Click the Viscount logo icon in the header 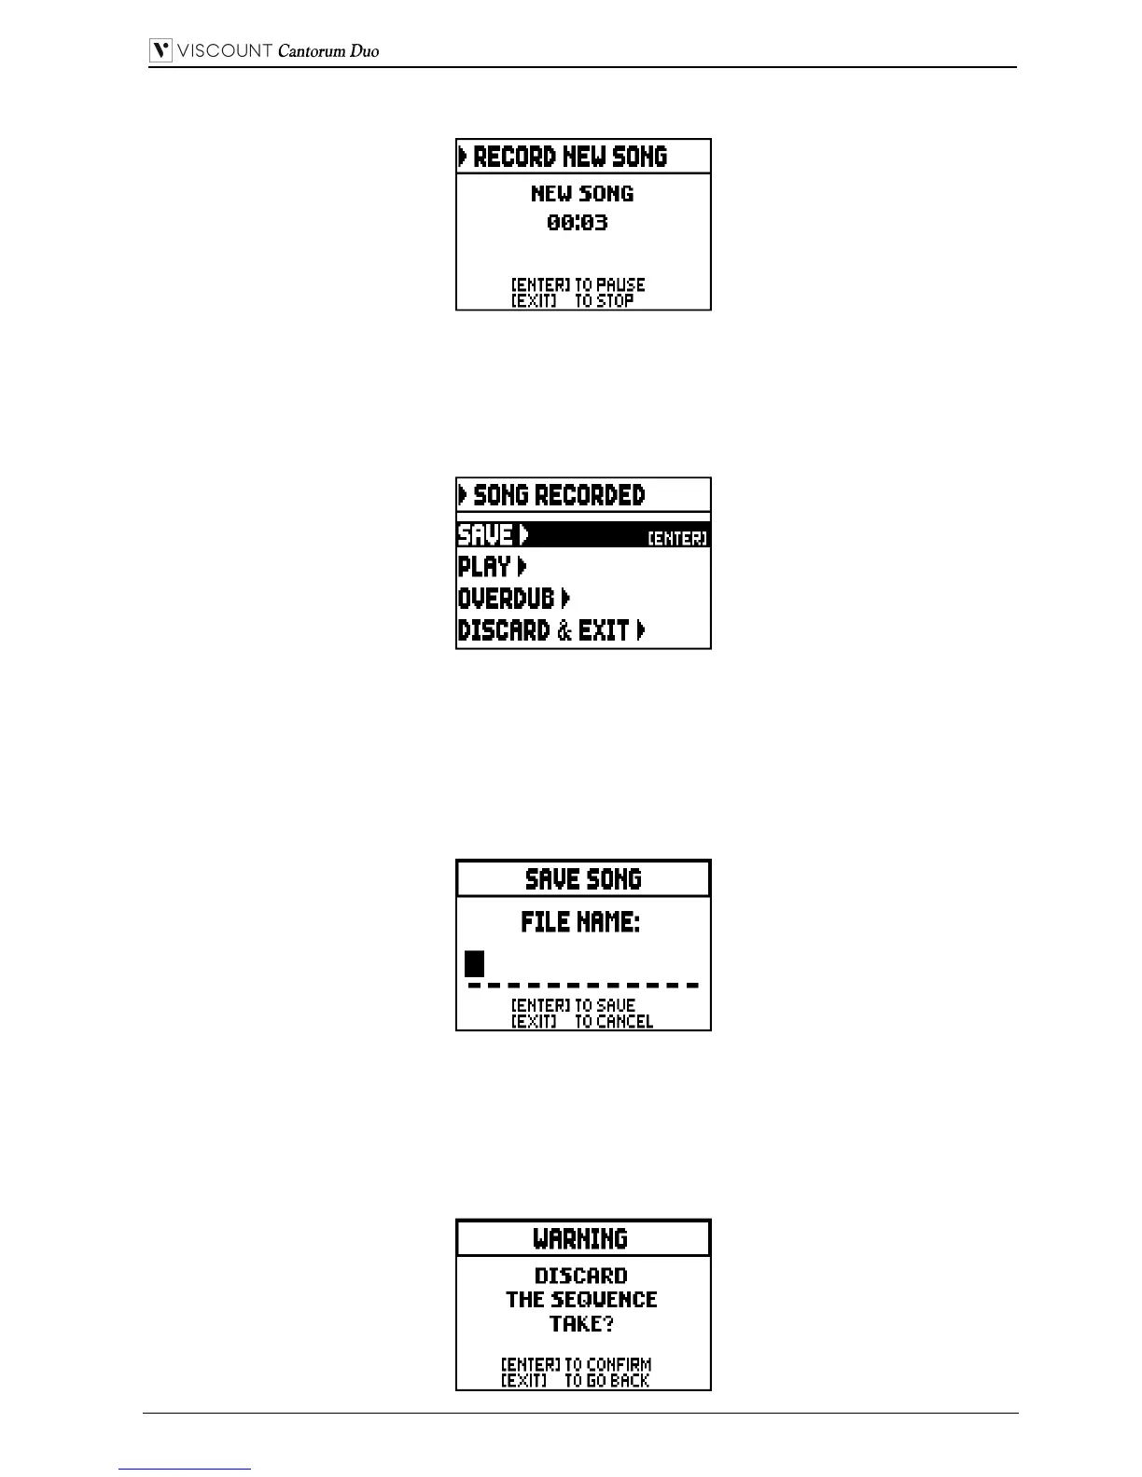[161, 50]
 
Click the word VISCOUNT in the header [225, 51]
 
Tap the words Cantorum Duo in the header [328, 51]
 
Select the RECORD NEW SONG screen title [570, 157]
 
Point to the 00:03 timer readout [578, 223]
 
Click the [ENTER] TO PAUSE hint [578, 284]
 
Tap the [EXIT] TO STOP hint [573, 300]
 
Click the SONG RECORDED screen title [558, 495]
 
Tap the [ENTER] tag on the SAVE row [677, 539]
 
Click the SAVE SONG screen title [583, 879]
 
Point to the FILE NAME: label [580, 923]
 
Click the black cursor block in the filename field [475, 963]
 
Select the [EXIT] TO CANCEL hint [582, 1021]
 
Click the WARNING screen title [580, 1239]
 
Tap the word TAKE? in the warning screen [581, 1324]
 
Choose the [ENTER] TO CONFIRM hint [577, 1364]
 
